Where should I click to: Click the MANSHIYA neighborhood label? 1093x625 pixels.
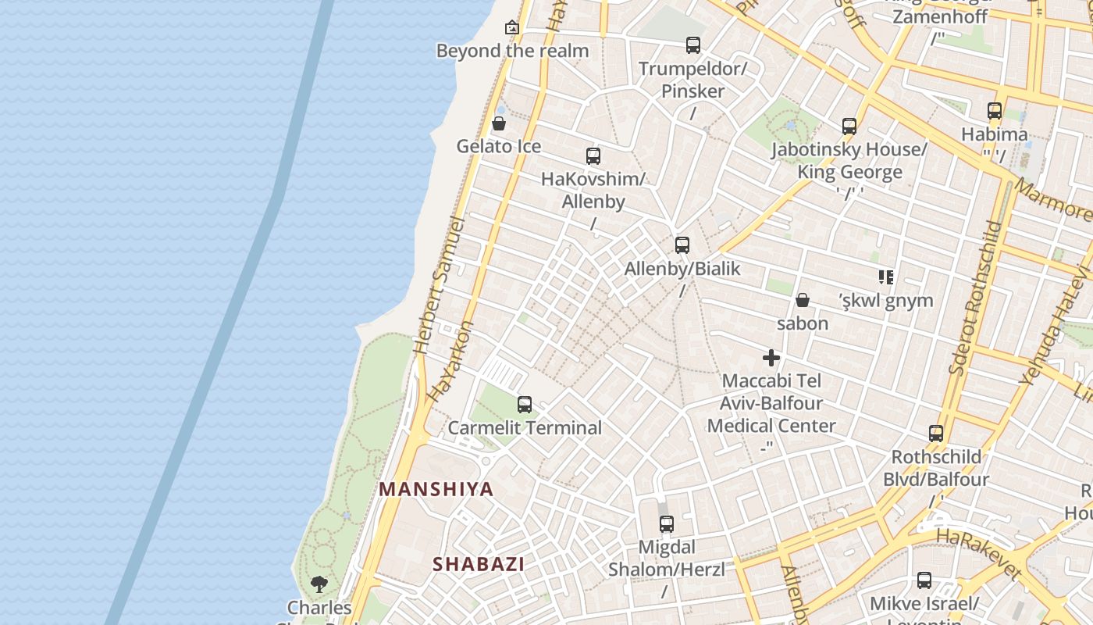tap(436, 490)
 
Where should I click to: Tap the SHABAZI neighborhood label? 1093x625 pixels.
tap(479, 564)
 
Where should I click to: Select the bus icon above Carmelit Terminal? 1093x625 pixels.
tap(525, 405)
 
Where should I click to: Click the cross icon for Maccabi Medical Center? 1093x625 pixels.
tap(771, 359)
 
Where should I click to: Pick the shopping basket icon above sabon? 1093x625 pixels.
tap(802, 300)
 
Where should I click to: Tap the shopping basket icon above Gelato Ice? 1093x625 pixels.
tap(499, 123)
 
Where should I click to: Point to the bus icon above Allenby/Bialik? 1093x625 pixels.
tap(682, 245)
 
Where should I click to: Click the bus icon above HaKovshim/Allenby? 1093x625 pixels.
tap(593, 156)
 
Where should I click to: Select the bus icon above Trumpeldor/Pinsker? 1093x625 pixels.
tap(693, 45)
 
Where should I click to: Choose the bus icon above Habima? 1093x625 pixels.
tap(995, 111)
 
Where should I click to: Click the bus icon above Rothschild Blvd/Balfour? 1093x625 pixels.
tap(936, 434)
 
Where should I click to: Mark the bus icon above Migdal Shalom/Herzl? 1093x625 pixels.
tap(667, 524)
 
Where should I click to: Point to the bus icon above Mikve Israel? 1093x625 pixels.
tap(924, 580)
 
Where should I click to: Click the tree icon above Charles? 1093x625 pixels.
tap(319, 584)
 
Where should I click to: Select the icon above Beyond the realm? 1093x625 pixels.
tap(512, 28)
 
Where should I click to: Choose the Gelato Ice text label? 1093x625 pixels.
tap(499, 146)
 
